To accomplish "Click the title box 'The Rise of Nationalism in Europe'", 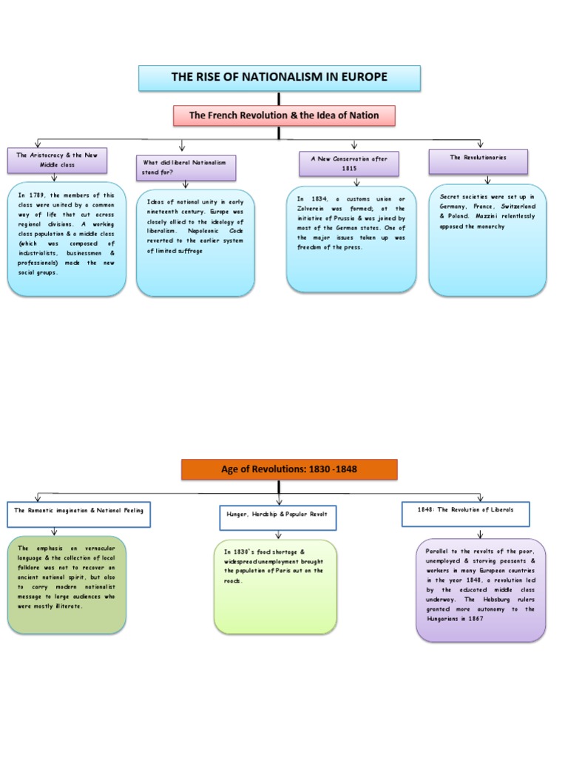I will [280, 78].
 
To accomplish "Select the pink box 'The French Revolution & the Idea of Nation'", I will [284, 115].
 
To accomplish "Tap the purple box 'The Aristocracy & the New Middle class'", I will [57, 159].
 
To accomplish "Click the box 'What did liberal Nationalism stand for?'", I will [186, 167].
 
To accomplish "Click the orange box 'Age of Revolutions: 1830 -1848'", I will [289, 469].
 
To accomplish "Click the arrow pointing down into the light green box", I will [278, 534].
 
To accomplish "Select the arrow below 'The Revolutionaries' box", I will [487, 179].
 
